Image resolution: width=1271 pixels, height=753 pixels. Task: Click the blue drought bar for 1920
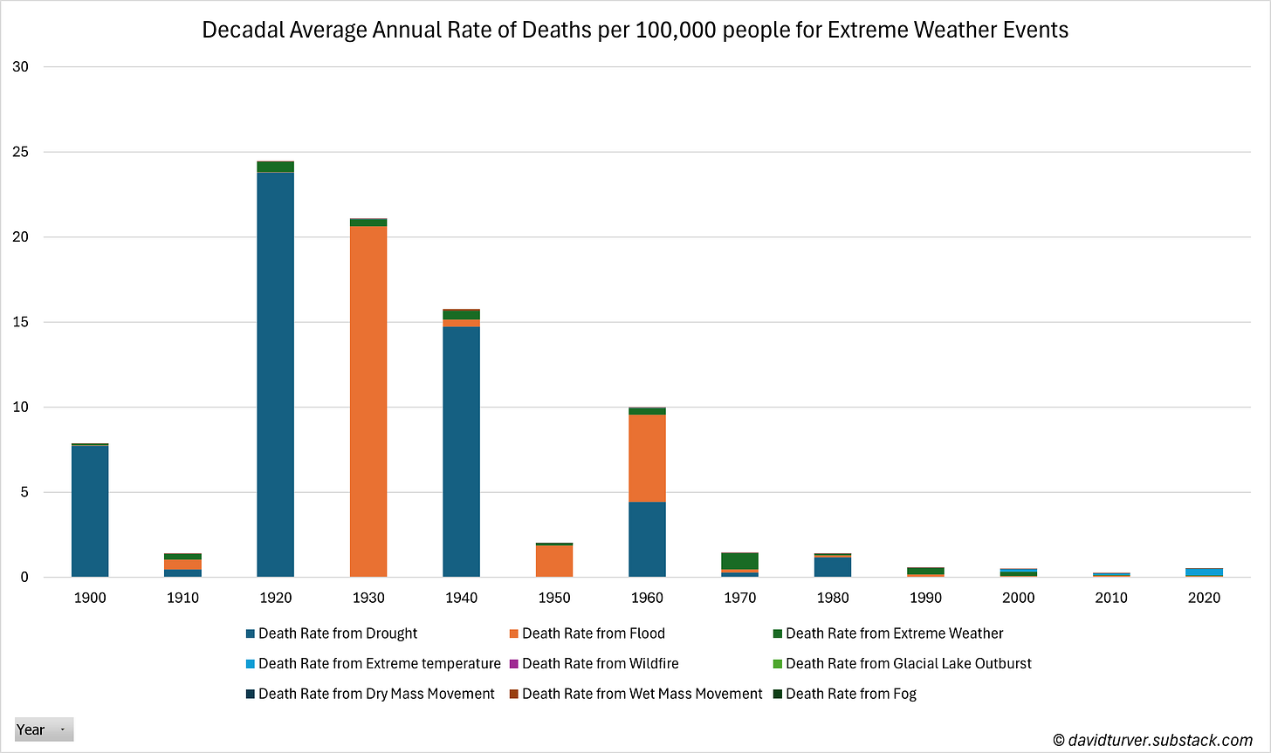[x=275, y=375]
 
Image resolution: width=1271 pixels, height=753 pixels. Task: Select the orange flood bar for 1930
[x=368, y=401]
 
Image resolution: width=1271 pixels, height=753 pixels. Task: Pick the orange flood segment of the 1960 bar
[x=647, y=458]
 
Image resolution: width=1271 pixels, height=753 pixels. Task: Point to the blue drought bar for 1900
[x=90, y=511]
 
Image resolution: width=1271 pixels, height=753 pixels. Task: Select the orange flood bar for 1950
[x=554, y=561]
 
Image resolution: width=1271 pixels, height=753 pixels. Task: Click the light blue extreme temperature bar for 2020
[x=1204, y=572]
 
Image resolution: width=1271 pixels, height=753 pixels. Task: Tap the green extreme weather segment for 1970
[x=740, y=560]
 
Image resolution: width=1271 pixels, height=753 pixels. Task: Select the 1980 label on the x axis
[x=833, y=598]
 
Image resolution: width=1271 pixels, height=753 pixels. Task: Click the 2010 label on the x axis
[x=1111, y=598]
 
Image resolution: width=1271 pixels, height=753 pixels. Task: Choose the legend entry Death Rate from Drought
[x=337, y=633]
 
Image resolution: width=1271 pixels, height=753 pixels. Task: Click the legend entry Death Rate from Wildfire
[x=600, y=663]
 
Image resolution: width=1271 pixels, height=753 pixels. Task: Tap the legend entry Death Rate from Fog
[x=850, y=694]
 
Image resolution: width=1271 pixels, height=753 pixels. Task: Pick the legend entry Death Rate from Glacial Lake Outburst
[x=908, y=663]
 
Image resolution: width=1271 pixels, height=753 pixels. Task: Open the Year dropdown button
[x=44, y=729]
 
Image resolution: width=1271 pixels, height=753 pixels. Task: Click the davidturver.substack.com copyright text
[x=1152, y=740]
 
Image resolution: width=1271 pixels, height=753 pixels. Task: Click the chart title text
[x=635, y=30]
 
